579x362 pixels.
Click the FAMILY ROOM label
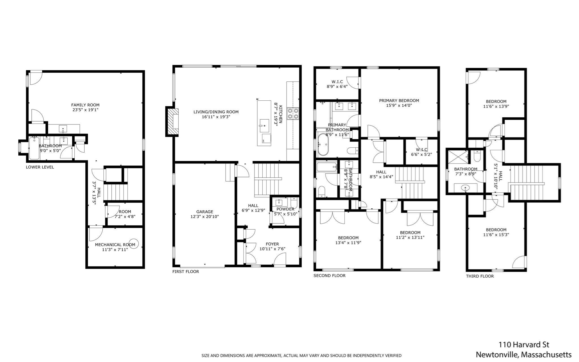85,105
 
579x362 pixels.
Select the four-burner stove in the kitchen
293,113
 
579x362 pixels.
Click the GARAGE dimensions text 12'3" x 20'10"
204,217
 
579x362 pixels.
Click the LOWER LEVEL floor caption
40,167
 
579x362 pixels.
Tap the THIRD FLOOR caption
480,276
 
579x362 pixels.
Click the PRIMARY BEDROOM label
399,100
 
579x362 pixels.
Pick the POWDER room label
285,209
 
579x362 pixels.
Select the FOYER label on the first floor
272,244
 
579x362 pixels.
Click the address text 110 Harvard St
524,344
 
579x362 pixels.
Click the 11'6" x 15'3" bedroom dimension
496,235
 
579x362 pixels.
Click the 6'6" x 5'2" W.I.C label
421,154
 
